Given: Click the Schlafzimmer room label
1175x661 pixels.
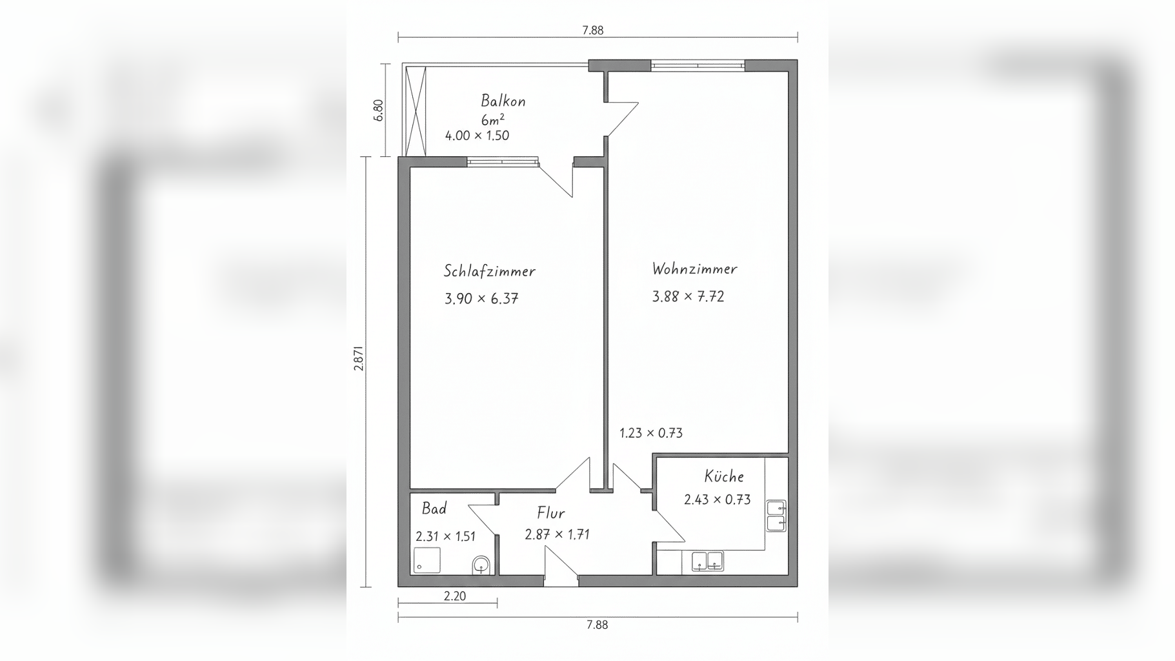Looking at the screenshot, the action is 489,271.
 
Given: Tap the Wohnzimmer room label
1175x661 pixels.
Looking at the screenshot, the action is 694,269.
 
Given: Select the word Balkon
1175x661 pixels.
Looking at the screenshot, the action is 503,101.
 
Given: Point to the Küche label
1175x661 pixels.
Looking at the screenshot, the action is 724,476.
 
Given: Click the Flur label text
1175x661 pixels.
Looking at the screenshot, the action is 551,513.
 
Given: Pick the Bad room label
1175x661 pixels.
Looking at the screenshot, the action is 434,509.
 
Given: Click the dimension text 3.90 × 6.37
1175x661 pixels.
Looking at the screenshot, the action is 481,299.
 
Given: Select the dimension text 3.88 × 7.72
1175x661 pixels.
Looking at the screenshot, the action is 688,296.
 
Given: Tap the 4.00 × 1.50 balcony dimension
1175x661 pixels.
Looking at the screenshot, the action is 477,136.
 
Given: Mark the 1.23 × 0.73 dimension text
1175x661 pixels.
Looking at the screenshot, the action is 651,433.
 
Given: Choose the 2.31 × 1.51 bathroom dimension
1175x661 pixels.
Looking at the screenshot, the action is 445,536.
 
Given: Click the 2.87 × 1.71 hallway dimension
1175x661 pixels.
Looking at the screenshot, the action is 557,534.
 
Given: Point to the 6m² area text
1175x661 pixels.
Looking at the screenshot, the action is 492,119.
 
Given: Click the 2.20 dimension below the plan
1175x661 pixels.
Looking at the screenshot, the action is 455,596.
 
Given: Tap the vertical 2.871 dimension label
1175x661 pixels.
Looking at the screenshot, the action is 359,359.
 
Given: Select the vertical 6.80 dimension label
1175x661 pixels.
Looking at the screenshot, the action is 379,110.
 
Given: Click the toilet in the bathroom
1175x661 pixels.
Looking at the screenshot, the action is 481,565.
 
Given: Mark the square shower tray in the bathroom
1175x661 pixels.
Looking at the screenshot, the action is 427,560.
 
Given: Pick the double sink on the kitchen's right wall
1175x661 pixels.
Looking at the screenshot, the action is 776,515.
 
